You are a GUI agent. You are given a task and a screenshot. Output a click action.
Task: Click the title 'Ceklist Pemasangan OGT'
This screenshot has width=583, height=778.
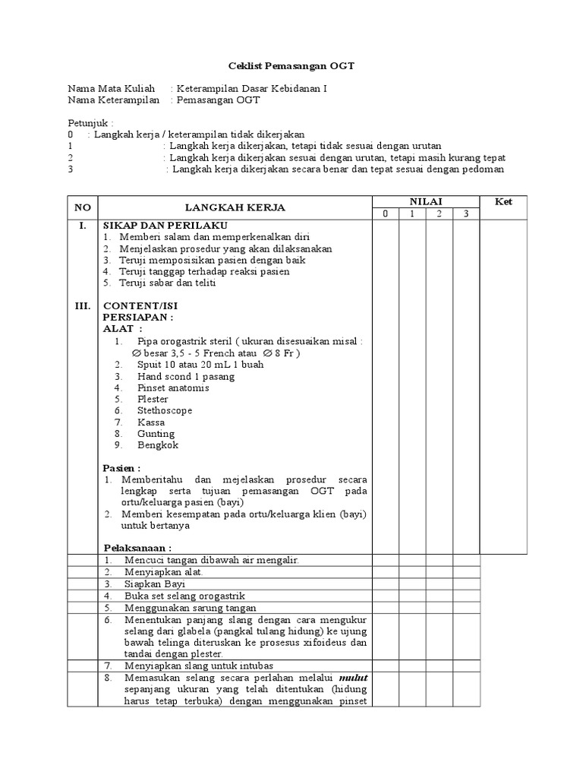click(292, 67)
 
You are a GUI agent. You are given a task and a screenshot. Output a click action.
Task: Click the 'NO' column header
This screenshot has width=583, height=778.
click(82, 207)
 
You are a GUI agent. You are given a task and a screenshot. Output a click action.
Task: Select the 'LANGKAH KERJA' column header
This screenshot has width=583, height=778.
click(236, 207)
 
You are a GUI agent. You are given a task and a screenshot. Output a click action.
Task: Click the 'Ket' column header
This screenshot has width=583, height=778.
click(503, 201)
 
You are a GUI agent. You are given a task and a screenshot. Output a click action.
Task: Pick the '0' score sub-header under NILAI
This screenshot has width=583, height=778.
click(385, 213)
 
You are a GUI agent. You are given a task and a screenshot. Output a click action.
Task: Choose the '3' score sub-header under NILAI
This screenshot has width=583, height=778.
click(467, 213)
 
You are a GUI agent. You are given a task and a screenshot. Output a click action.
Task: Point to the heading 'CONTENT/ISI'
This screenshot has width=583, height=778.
click(140, 305)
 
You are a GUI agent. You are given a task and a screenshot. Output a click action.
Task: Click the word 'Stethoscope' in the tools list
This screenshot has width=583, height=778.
click(165, 410)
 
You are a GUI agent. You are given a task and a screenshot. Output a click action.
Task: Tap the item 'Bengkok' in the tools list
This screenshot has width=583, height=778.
click(157, 444)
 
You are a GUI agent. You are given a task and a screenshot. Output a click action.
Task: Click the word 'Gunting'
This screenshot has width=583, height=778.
click(156, 433)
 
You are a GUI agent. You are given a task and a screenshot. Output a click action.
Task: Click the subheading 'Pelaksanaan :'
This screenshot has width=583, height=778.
click(137, 548)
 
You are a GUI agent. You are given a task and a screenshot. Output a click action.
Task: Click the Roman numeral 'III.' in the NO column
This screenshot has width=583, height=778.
click(82, 305)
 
